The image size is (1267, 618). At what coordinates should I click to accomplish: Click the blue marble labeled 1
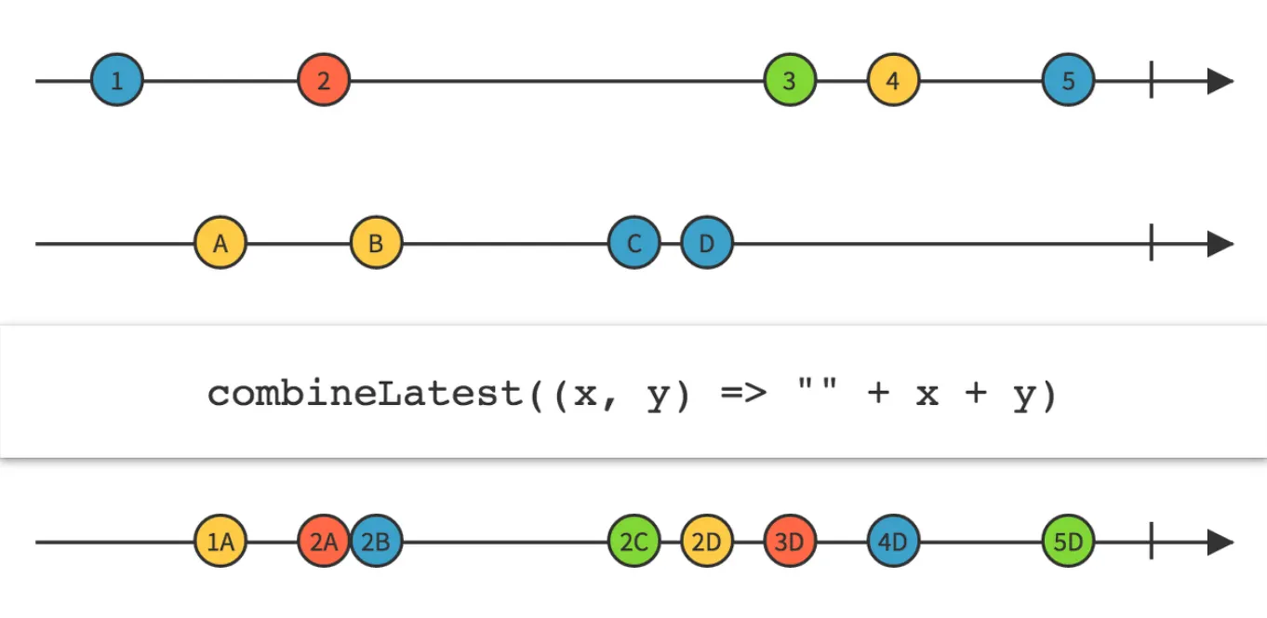pos(117,81)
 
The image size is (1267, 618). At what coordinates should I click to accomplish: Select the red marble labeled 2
pos(324,81)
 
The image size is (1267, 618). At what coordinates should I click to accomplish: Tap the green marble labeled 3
pos(790,81)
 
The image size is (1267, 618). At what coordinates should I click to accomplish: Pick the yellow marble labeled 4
pos(893,81)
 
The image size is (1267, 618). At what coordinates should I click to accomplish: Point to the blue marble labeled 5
pos(1068,81)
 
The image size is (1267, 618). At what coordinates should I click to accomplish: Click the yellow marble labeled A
pos(220,244)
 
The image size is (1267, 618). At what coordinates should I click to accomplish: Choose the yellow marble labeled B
pos(376,244)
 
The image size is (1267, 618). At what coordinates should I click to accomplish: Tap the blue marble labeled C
pos(634,244)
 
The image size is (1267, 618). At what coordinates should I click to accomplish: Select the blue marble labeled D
pos(707,244)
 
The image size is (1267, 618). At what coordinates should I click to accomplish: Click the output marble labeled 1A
pos(220,542)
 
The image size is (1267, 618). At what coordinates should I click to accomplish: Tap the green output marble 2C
pos(634,542)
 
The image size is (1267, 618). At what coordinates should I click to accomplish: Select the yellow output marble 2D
pos(707,542)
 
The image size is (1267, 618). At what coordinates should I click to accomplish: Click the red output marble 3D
pos(790,542)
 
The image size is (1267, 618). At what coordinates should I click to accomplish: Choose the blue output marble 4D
pos(893,542)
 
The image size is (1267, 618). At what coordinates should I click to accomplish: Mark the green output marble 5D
pos(1068,542)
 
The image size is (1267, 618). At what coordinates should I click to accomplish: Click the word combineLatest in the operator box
pos(366,395)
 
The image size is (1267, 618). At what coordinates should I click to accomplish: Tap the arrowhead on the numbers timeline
pos(1220,81)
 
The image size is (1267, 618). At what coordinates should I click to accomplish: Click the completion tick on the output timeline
pos(1152,542)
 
